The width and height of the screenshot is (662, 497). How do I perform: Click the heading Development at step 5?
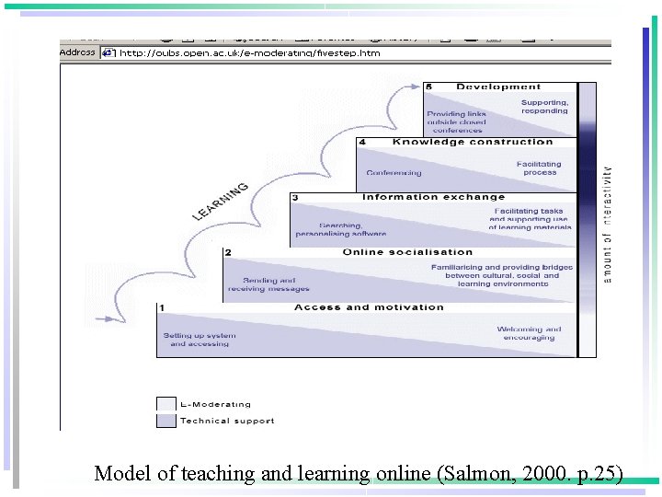pyautogui.click(x=498, y=87)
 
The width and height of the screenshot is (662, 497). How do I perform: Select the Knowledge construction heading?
pyautogui.click(x=473, y=142)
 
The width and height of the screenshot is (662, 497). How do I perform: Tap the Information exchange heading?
pyautogui.click(x=433, y=197)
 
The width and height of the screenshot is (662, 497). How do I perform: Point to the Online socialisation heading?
pyautogui.click(x=407, y=252)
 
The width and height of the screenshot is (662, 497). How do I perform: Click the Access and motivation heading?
pyautogui.click(x=369, y=307)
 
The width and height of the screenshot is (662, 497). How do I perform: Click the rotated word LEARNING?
pyautogui.click(x=221, y=202)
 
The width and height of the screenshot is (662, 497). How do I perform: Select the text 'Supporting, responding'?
pyautogui.click(x=544, y=107)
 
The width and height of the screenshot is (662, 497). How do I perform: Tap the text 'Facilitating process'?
pyautogui.click(x=539, y=168)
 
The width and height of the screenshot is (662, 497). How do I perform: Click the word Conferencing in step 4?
pyautogui.click(x=394, y=173)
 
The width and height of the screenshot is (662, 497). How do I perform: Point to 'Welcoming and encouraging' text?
pyautogui.click(x=529, y=333)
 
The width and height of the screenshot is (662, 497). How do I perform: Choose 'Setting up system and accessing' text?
pyautogui.click(x=200, y=340)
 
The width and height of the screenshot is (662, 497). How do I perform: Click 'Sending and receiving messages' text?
pyautogui.click(x=268, y=284)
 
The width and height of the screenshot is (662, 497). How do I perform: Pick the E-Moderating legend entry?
pyautogui.click(x=215, y=404)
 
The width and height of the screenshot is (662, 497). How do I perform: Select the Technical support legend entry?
pyautogui.click(x=226, y=422)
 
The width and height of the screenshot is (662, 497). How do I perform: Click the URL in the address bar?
pyautogui.click(x=249, y=53)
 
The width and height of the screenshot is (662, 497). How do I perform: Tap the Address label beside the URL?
pyautogui.click(x=77, y=52)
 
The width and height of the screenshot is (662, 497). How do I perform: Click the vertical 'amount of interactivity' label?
pyautogui.click(x=607, y=225)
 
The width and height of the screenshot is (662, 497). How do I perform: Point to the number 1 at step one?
pyautogui.click(x=161, y=307)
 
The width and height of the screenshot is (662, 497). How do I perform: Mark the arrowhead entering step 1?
pyautogui.click(x=118, y=319)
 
